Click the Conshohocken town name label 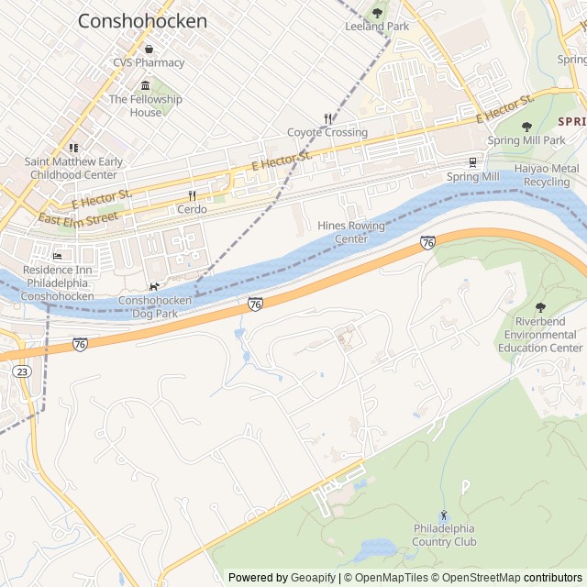point(142,20)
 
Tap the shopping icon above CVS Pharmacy point(149,50)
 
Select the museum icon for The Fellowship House point(145,85)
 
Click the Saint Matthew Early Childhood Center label point(73,168)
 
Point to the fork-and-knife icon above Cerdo point(192,195)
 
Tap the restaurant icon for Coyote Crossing point(327,118)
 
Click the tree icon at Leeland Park point(377,13)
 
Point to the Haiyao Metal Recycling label point(546,175)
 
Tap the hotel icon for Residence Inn point(58,256)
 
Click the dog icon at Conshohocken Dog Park point(154,286)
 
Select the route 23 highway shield point(21,371)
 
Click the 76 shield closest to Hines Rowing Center point(427,242)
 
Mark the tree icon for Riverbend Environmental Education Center point(539,308)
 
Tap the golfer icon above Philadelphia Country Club point(444,515)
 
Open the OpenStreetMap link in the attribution point(476,578)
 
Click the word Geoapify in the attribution point(314,578)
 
